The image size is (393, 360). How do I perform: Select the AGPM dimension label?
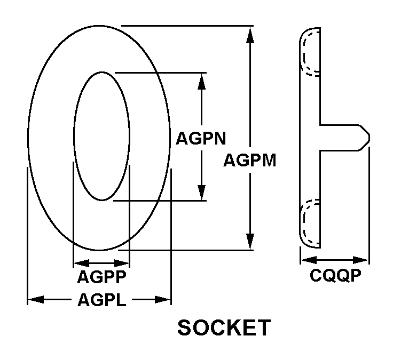pyautogui.click(x=249, y=159)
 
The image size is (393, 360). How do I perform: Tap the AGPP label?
pyautogui.click(x=101, y=277)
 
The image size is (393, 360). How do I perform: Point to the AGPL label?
pyautogui.click(x=101, y=300)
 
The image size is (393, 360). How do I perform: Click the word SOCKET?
pyautogui.click(x=224, y=327)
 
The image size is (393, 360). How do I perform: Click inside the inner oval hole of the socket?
pyautogui.click(x=101, y=136)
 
